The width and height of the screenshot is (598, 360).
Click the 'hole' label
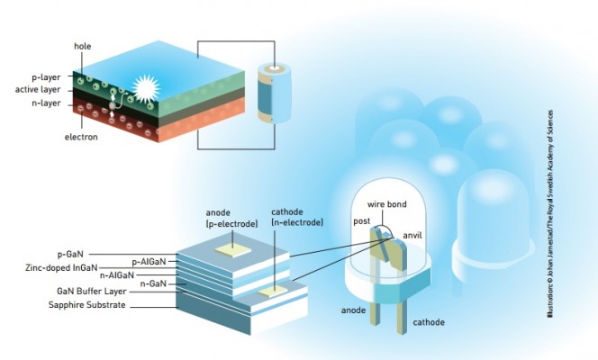tap(83, 46)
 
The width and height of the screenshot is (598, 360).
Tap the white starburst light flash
tap(144, 88)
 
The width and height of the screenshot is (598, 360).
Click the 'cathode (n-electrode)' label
tap(298, 217)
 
